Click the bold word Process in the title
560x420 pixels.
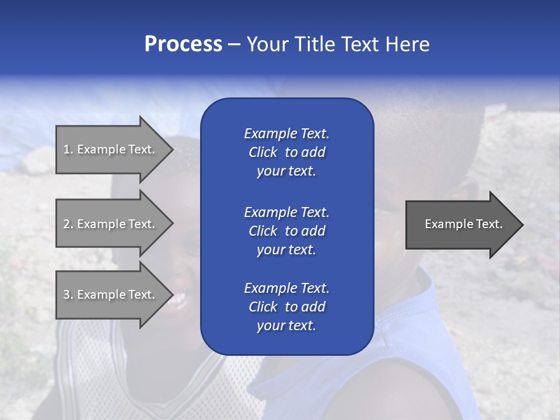[x=183, y=44]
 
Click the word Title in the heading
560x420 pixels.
[x=313, y=44]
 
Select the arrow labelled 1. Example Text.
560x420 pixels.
[x=111, y=149]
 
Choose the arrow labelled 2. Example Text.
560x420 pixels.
[x=111, y=224]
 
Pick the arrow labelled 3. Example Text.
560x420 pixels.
[x=111, y=295]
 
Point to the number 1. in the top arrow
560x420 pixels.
[x=68, y=149]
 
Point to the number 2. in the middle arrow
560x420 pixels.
[x=68, y=224]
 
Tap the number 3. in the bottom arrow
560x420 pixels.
[x=68, y=295]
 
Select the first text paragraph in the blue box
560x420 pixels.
[x=286, y=152]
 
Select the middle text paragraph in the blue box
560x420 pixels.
[x=286, y=230]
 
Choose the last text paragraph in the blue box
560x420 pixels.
[x=286, y=307]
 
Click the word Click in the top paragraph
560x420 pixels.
[x=263, y=152]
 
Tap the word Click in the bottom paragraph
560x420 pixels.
[x=263, y=307]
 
